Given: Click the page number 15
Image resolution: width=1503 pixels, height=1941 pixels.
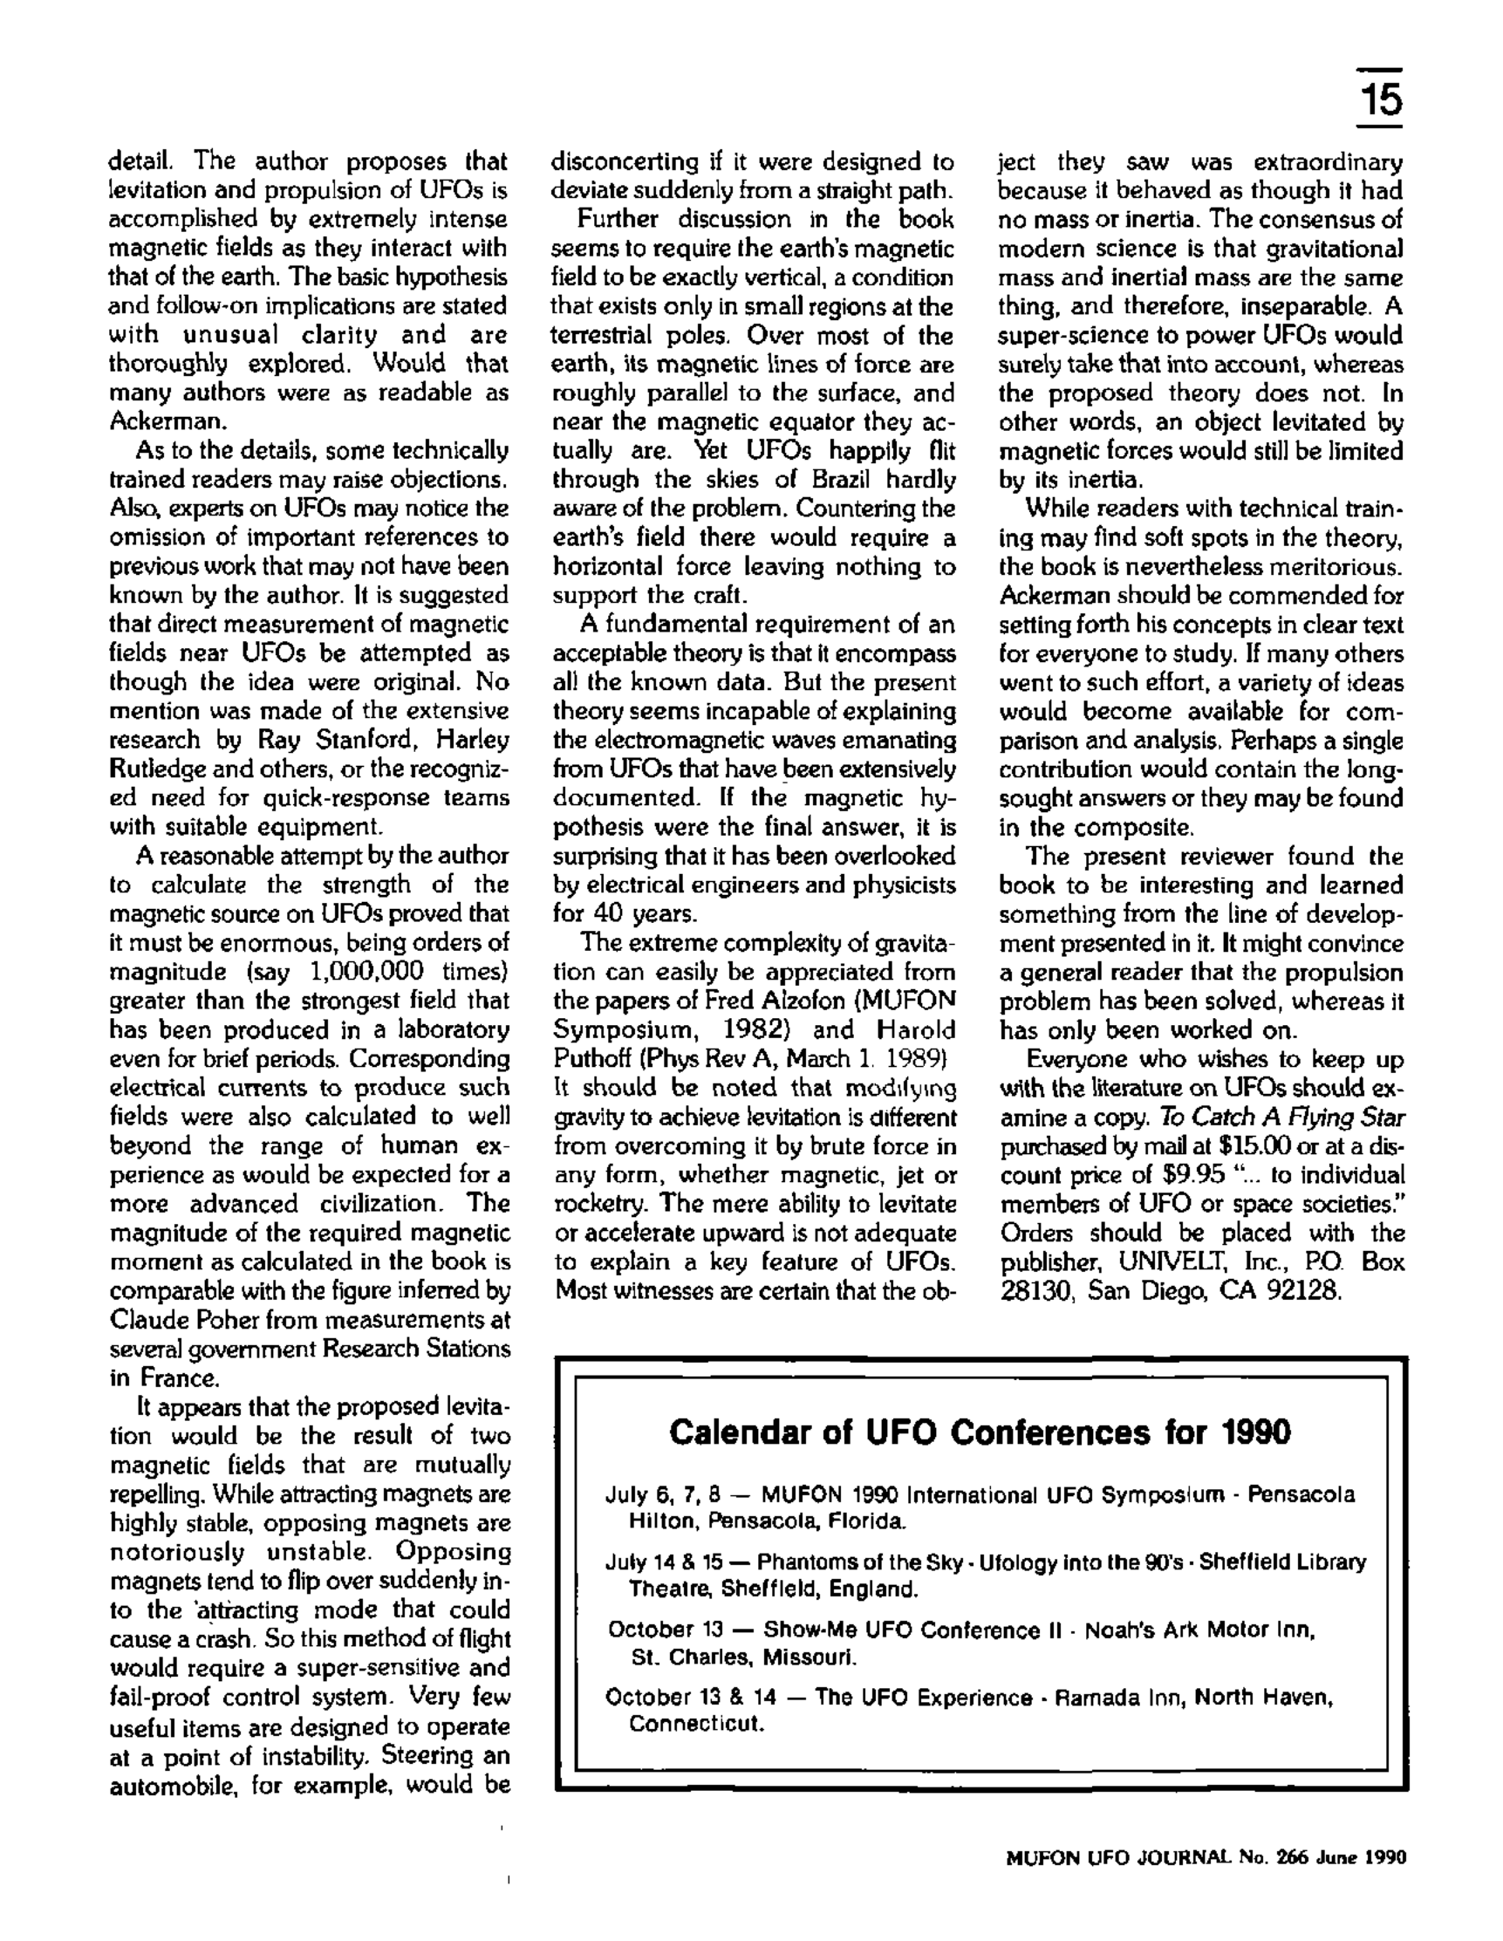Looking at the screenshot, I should point(1378,99).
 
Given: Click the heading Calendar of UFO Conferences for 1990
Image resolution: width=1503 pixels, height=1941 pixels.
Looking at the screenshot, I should point(979,1432).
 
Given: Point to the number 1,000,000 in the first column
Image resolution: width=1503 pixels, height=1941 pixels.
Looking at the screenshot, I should point(367,970).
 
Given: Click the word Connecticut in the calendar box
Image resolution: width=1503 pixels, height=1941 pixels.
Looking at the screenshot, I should point(695,1724).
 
